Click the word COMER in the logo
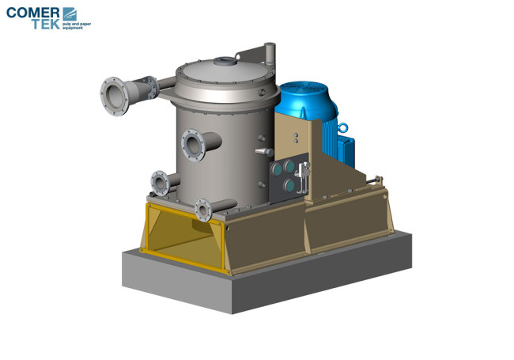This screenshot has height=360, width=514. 32,13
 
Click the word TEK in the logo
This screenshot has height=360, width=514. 46,24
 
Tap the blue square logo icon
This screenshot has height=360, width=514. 70,14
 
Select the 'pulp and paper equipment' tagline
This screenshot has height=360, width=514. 77,26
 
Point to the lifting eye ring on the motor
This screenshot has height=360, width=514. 343,127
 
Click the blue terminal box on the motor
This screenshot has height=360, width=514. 346,152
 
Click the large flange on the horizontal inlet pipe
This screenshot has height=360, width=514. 115,97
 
